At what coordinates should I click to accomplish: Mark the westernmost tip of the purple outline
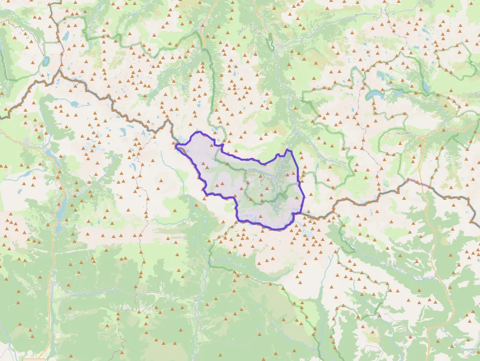coord(175,144)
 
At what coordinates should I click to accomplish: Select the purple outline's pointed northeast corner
coord(288,150)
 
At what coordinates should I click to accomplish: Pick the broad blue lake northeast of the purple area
coord(377,94)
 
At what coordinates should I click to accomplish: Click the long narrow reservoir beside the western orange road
coord(58,216)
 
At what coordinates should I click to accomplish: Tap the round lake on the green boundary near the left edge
coord(46,61)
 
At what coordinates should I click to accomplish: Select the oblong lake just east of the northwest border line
coord(66,36)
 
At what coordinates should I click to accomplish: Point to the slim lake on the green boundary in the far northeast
coord(426,87)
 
